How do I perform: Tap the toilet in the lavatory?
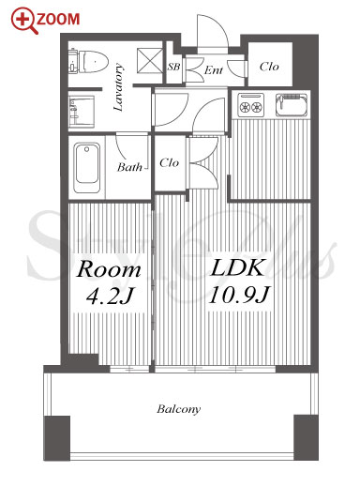(89, 61)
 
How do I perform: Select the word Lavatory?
(118, 87)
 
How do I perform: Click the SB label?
(173, 67)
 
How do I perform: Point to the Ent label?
(214, 70)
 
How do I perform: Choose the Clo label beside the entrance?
(269, 67)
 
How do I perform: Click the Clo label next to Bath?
(169, 162)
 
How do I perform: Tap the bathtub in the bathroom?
(87, 167)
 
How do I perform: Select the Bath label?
(129, 167)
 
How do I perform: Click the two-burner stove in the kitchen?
(250, 105)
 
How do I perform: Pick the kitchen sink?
(292, 104)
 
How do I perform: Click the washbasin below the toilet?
(82, 112)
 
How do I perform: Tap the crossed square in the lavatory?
(150, 61)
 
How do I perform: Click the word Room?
(109, 269)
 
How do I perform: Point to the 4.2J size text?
(110, 296)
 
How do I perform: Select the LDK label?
(238, 267)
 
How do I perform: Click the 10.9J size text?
(239, 295)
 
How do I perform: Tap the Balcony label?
(179, 409)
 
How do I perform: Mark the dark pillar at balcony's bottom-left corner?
(56, 438)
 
